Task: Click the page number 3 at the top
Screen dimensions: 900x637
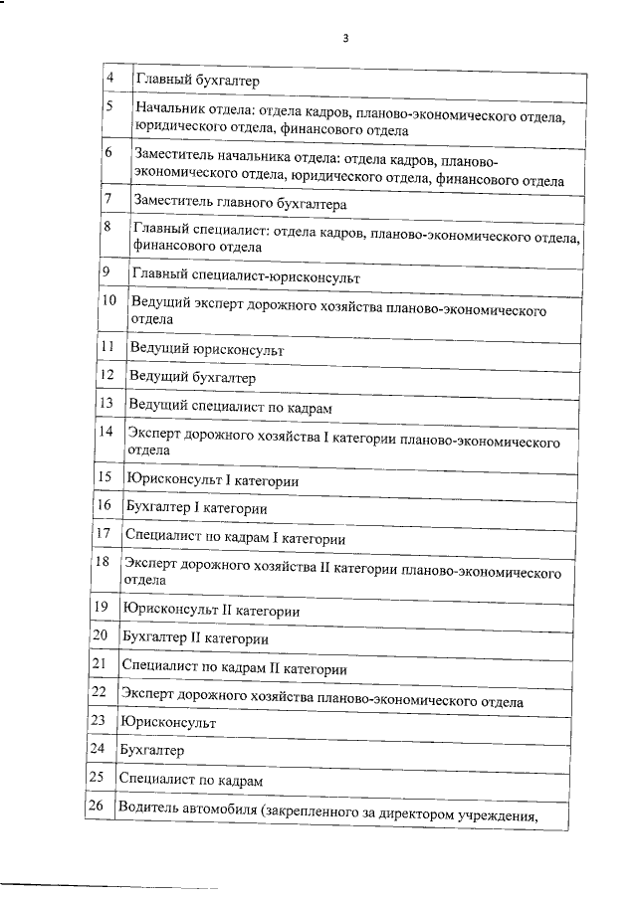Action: [345, 39]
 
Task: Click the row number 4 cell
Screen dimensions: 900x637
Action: [110, 79]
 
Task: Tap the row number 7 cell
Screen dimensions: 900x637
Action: [107, 199]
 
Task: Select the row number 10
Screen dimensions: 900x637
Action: [108, 300]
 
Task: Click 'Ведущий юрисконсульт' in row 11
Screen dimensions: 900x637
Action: [206, 351]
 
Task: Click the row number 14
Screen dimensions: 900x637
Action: [105, 431]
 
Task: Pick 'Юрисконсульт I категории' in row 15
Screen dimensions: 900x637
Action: [211, 480]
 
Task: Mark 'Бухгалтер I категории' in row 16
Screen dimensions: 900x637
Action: [195, 508]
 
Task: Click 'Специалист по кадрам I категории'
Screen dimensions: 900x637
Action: [235, 538]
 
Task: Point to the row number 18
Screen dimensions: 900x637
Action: [102, 562]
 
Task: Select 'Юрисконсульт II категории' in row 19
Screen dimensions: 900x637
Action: [210, 610]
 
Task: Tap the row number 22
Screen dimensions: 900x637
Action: [98, 691]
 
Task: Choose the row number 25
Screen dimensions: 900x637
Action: [97, 776]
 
